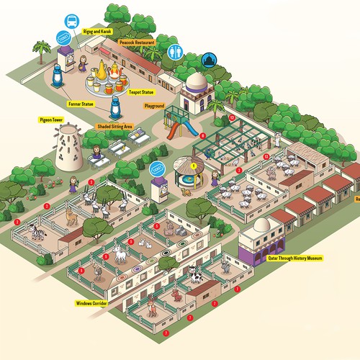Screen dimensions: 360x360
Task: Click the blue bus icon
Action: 72,22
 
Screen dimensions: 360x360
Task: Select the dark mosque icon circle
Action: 210,60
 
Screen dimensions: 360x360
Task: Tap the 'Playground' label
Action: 155,106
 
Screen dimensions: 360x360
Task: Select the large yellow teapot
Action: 103,71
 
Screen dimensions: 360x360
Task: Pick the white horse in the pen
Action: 117,254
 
